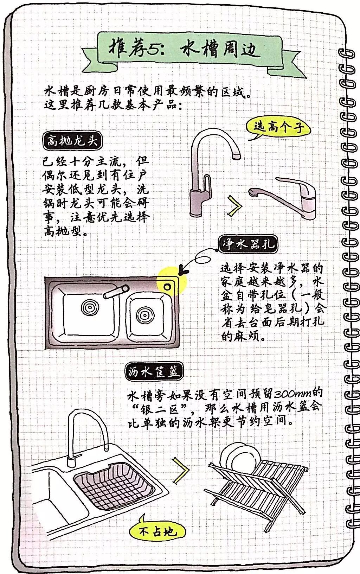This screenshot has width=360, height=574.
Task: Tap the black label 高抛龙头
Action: point(72,141)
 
